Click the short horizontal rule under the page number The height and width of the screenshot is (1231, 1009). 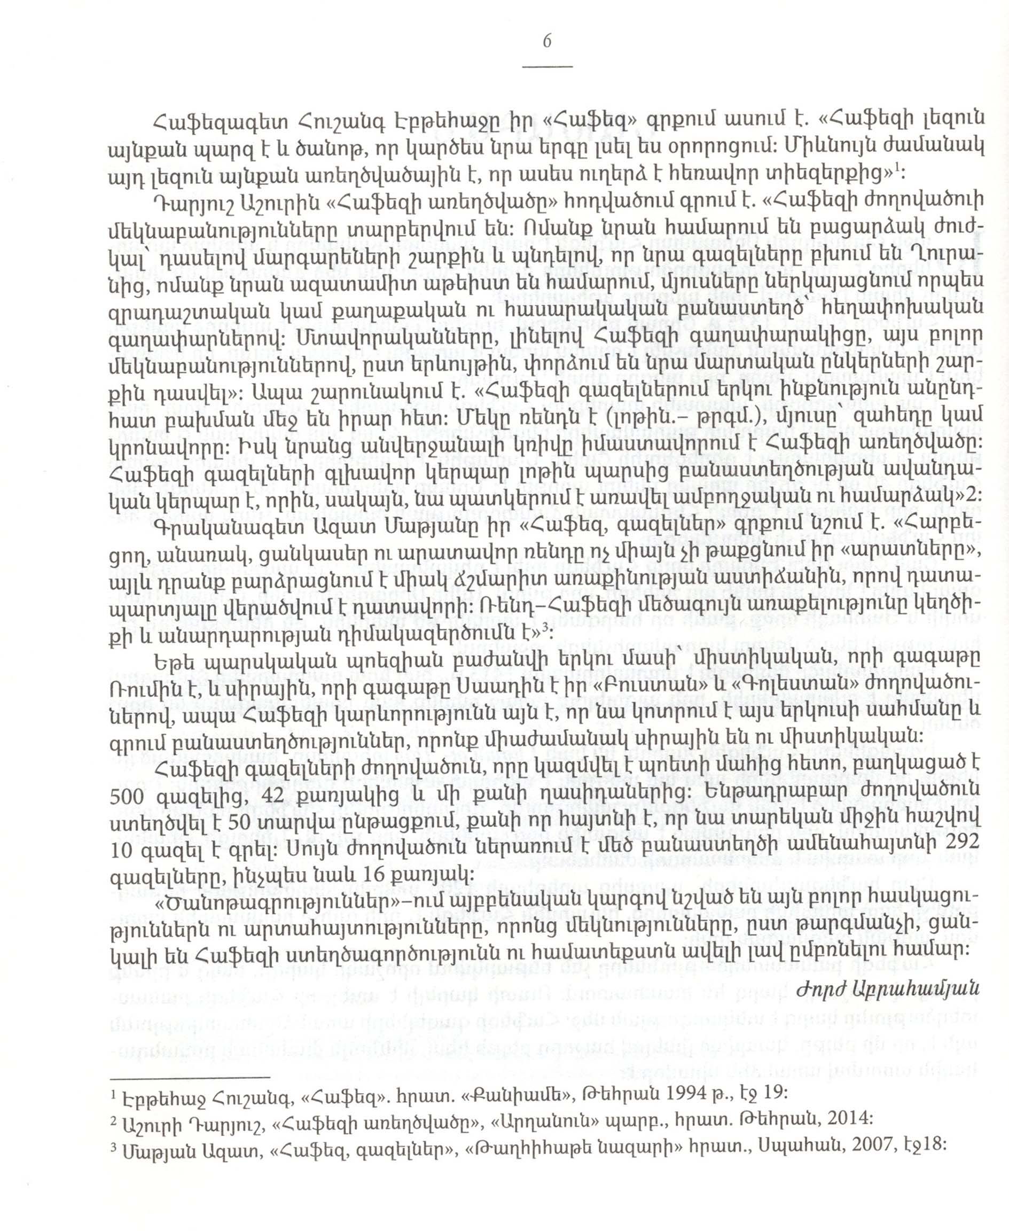point(547,67)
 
